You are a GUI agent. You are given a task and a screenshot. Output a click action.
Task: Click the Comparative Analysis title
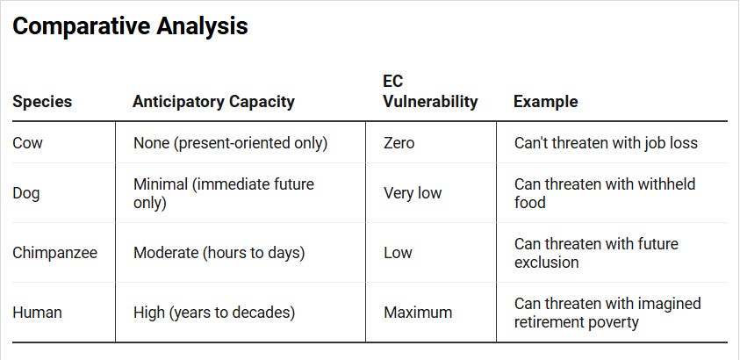(130, 26)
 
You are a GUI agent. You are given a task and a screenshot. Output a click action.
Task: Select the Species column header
(42, 102)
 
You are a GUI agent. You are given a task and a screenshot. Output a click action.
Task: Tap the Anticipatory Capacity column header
(213, 102)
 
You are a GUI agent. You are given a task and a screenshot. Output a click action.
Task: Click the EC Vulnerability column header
(430, 91)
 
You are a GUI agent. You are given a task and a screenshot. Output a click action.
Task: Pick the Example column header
(545, 102)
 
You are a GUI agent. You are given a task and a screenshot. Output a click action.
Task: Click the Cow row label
(27, 142)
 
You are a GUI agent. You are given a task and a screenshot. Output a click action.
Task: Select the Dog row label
(26, 193)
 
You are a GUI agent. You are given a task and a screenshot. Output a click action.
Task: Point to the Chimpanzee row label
(54, 252)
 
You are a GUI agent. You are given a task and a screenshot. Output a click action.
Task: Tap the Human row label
(37, 313)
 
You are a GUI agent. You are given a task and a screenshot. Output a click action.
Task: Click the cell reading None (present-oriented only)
(230, 143)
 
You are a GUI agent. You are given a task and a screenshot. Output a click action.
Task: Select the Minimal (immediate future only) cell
(224, 193)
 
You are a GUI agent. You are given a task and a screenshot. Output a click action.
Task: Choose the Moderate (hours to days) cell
(219, 252)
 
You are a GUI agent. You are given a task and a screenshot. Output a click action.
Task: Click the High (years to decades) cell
(214, 313)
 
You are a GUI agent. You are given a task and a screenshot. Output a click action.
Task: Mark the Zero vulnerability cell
(399, 142)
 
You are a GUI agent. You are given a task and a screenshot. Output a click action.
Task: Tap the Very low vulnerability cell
(413, 193)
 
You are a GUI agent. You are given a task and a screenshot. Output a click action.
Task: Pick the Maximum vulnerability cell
(418, 313)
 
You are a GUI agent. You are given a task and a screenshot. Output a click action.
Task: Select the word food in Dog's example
(530, 203)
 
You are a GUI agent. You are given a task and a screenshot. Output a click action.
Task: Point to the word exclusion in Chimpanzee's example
(547, 262)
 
